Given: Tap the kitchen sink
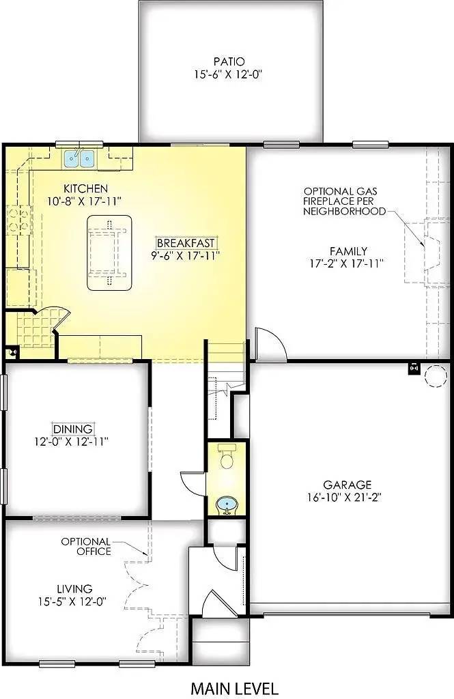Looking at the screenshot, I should (x=80, y=159).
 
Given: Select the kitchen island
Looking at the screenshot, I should (x=109, y=253).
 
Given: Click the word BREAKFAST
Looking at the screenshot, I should (x=186, y=243).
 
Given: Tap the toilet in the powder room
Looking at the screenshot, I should (x=227, y=457).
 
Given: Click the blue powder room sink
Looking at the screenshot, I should (x=227, y=506).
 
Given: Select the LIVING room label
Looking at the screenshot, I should (x=74, y=588).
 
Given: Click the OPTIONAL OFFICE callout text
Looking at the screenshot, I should (x=86, y=546).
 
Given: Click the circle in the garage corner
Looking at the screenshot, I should (x=434, y=375).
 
